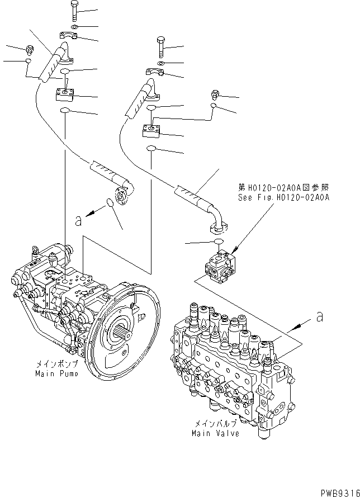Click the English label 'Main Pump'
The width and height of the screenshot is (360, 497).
pos(56,373)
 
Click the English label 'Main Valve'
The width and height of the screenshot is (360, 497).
pos(215,433)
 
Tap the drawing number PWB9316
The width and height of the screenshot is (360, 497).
pos(340,493)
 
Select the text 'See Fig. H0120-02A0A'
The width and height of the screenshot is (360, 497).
pos(284,197)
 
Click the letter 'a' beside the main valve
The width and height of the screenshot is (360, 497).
pos(320,316)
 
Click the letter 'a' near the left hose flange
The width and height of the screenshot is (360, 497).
pos(78,221)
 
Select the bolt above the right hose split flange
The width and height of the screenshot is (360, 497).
pos(160,47)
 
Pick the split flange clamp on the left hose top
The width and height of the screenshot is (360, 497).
pos(69,35)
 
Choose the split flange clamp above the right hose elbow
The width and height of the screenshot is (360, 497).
pos(155,72)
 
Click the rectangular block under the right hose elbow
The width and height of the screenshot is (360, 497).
pos(151,131)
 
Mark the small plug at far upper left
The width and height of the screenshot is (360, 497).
pos(29,49)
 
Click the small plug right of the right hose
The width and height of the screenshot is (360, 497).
pos(215,93)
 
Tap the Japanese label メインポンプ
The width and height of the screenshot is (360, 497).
pos(57,364)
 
